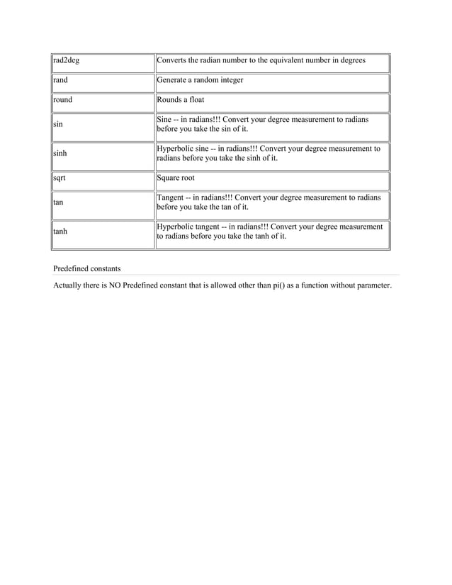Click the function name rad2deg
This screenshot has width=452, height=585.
click(x=67, y=61)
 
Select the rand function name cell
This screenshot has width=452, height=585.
click(x=61, y=81)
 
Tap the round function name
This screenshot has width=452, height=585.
click(x=63, y=100)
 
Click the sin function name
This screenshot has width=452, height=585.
click(x=58, y=125)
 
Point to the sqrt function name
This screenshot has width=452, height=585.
click(x=60, y=178)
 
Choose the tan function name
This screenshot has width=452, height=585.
click(x=59, y=203)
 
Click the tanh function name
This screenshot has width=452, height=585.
click(x=61, y=231)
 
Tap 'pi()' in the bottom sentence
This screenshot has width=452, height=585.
click(x=272, y=286)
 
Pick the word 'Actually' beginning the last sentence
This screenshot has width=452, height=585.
click(x=69, y=286)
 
